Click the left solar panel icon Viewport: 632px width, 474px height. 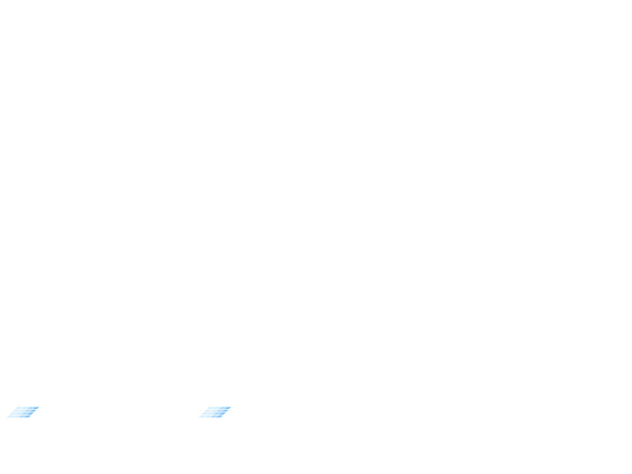pos(23,412)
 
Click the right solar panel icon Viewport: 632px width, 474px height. pos(215,412)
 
